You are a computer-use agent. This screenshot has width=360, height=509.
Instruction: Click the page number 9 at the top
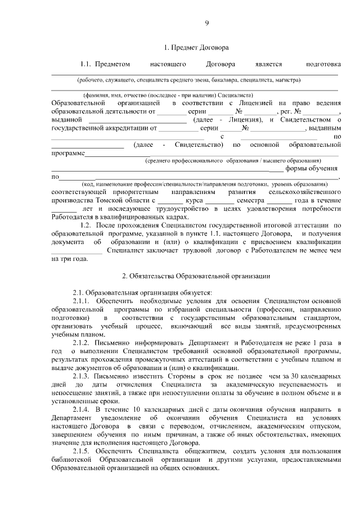[x=207, y=23]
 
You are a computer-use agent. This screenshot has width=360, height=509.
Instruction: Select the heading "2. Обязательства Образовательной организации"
[x=196, y=276]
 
